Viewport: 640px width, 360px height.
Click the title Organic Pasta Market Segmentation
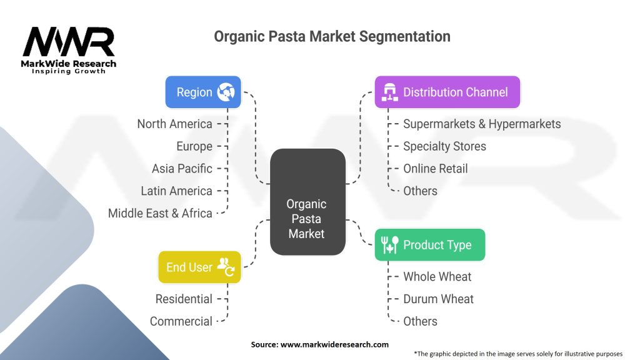coord(332,36)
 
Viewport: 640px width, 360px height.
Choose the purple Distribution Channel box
coord(447,92)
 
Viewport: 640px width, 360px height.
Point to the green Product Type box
coord(429,245)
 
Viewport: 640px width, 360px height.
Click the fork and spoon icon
coord(389,245)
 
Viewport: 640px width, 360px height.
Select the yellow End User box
coord(199,267)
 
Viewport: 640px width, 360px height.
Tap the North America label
coord(175,124)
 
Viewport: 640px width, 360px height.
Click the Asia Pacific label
coord(182,169)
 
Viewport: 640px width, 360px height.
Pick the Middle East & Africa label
coord(160,213)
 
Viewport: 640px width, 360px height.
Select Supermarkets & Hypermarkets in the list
coord(482,124)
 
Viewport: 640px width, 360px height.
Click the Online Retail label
coord(435,169)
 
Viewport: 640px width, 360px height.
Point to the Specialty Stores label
coord(444,146)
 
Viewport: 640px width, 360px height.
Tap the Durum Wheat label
coord(438,299)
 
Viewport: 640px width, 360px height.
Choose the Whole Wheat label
coord(437,276)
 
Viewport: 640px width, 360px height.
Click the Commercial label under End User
coord(181,321)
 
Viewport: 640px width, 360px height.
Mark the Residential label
coord(184,299)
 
